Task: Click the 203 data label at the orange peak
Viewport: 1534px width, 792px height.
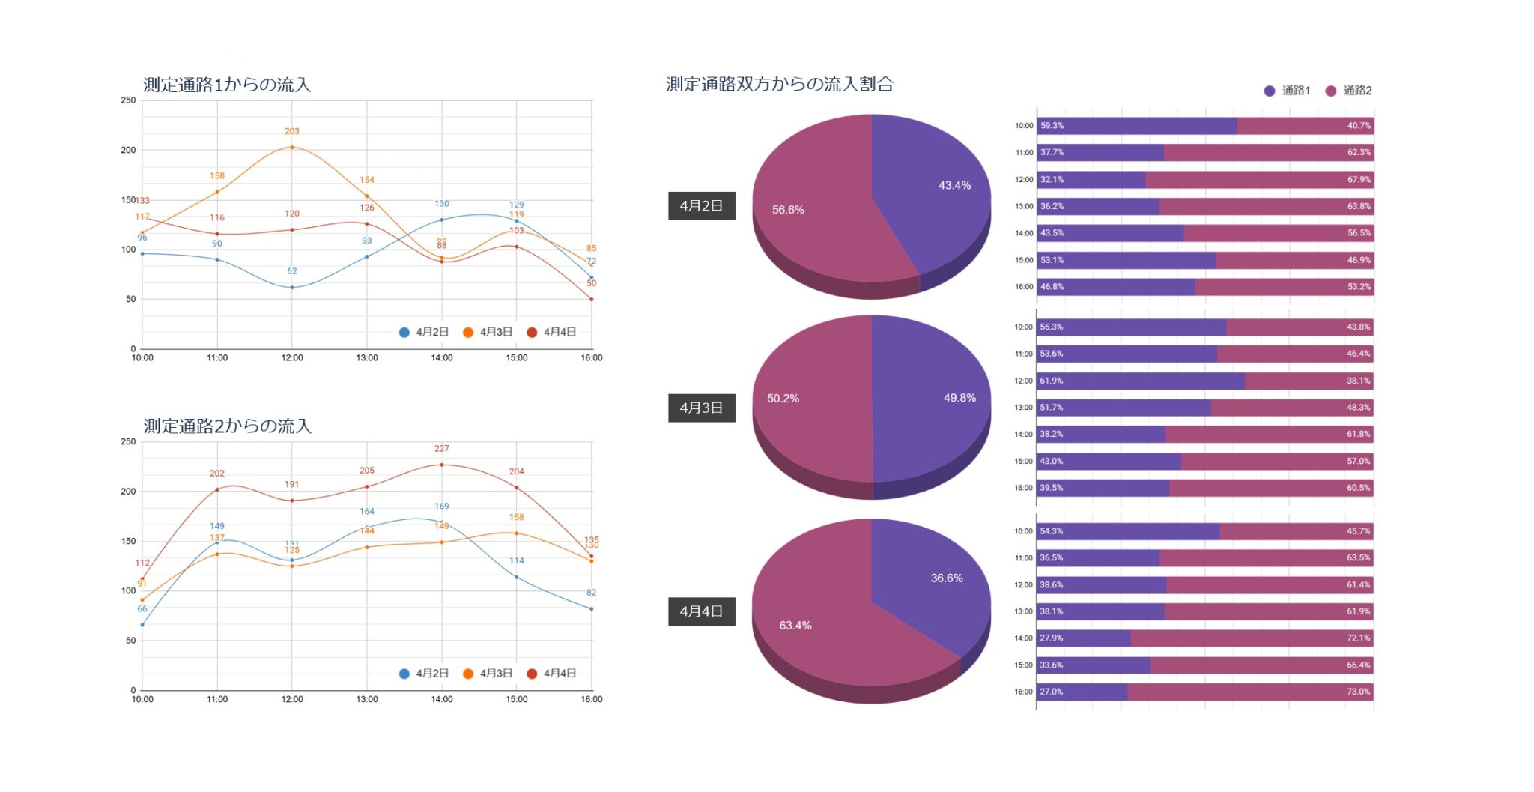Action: pyautogui.click(x=291, y=131)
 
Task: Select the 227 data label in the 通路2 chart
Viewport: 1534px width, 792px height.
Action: pyautogui.click(x=441, y=449)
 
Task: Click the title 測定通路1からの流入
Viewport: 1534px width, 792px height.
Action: pyautogui.click(x=226, y=85)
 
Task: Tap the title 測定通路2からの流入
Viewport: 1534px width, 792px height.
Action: pyautogui.click(x=227, y=426)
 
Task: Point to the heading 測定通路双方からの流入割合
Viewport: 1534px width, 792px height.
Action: pyautogui.click(x=779, y=84)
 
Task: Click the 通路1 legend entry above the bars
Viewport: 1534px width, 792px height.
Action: pyautogui.click(x=1288, y=91)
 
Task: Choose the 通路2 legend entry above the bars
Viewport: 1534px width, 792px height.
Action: pyautogui.click(x=1350, y=91)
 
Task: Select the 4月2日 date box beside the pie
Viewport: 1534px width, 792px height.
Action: pyautogui.click(x=701, y=205)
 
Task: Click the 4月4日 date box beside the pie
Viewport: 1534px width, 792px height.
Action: pyautogui.click(x=701, y=611)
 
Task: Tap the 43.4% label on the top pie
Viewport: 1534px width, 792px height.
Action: pyautogui.click(x=954, y=185)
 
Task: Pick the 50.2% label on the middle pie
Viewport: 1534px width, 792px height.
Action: pyautogui.click(x=783, y=399)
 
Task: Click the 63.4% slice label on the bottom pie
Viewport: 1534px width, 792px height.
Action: pyautogui.click(x=795, y=626)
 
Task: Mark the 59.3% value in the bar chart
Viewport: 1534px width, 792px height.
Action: pyautogui.click(x=1052, y=126)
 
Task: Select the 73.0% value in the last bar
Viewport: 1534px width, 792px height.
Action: pyautogui.click(x=1358, y=692)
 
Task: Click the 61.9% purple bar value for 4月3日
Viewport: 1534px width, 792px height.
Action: pyautogui.click(x=1051, y=381)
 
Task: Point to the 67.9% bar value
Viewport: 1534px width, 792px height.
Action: pyautogui.click(x=1359, y=180)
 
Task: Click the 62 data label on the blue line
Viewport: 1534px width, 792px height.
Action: pyautogui.click(x=291, y=271)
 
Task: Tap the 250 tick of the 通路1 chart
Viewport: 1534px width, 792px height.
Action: pyautogui.click(x=128, y=100)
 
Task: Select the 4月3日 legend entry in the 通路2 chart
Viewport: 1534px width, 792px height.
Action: pyautogui.click(x=488, y=674)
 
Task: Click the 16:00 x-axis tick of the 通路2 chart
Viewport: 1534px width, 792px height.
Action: pyautogui.click(x=591, y=699)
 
